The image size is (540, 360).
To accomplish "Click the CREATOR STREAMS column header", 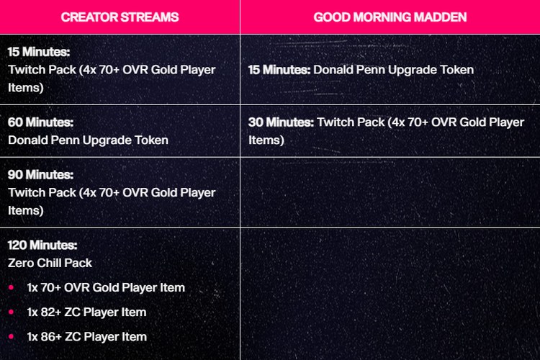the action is click(120, 17).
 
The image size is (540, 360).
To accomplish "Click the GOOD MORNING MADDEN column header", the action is click(390, 17).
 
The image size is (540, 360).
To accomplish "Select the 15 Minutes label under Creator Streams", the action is click(39, 52).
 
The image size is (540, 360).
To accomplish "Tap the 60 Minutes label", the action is click(40, 122).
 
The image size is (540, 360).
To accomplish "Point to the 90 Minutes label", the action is click(40, 175).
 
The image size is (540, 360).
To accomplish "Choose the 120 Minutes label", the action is click(42, 245).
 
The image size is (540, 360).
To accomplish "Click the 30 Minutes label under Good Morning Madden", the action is click(281, 122).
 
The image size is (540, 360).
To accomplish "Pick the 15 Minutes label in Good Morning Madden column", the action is click(279, 70).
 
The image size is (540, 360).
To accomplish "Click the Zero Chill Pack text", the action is click(50, 263).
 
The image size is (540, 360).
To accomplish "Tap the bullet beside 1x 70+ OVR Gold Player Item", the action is click(11, 287).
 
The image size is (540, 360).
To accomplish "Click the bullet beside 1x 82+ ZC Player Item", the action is click(11, 312).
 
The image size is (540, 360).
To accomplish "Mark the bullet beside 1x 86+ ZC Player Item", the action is click(11, 336).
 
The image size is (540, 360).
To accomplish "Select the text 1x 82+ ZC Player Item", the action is click(87, 312).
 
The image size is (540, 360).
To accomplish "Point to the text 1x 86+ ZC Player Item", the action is click(87, 336).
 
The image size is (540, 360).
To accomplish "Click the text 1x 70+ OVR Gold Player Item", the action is click(106, 288).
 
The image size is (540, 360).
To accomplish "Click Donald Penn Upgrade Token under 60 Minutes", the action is click(88, 140).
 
